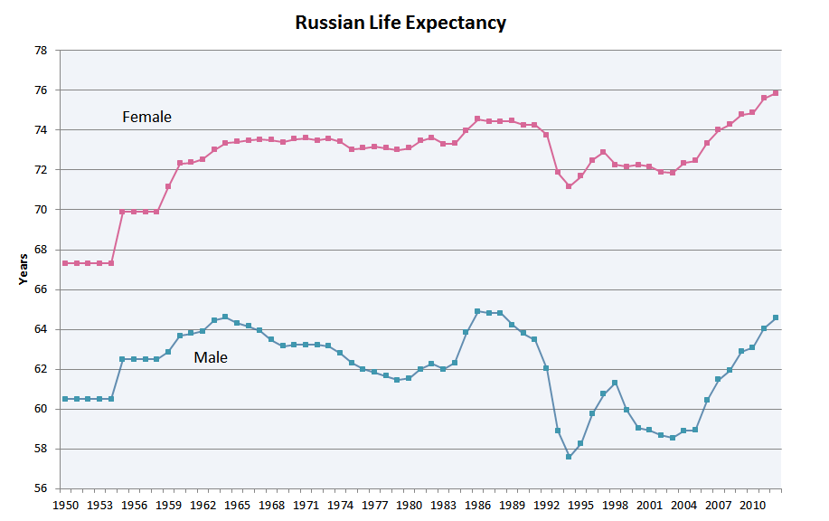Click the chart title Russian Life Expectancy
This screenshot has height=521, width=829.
400,23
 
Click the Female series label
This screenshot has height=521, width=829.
146,117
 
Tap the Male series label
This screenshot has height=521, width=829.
211,357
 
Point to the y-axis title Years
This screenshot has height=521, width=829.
24,270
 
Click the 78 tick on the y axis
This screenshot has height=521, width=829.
40,51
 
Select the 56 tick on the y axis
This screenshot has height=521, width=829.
40,488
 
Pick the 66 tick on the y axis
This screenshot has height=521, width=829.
40,289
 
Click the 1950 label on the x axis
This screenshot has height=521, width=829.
66,504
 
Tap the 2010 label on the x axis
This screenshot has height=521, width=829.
752,504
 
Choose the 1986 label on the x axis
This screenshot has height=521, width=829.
478,504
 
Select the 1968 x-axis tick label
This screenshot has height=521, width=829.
272,504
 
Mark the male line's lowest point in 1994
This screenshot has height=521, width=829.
569,457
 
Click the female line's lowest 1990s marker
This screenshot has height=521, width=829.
569,186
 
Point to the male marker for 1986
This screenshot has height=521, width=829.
477,311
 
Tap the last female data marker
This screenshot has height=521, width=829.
776,92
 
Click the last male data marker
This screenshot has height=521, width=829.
776,317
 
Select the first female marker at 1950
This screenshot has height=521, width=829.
65,263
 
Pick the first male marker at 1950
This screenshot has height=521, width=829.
65,399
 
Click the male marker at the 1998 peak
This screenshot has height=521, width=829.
615,383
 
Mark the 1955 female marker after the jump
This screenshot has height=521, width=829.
122,212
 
